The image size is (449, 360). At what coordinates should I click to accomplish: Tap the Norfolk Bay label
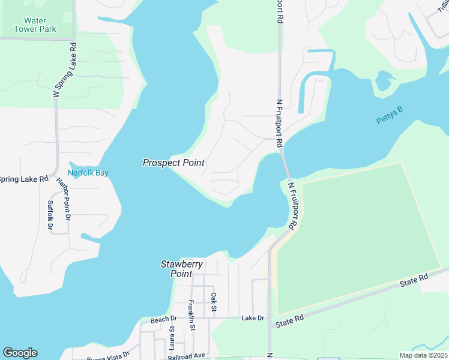(88, 173)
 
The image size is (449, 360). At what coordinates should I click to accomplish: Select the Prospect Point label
(173, 163)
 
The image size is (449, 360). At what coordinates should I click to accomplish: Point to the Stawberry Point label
(182, 269)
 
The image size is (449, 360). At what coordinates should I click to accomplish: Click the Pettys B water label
(390, 115)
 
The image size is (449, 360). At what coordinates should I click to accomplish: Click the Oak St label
(213, 302)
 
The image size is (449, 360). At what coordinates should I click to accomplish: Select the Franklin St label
(191, 315)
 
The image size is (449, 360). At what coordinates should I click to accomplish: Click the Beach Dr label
(164, 319)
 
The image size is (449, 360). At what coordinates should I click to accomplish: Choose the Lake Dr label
(253, 317)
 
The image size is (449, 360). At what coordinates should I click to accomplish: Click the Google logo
(20, 353)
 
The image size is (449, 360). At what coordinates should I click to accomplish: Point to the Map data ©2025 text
(423, 355)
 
